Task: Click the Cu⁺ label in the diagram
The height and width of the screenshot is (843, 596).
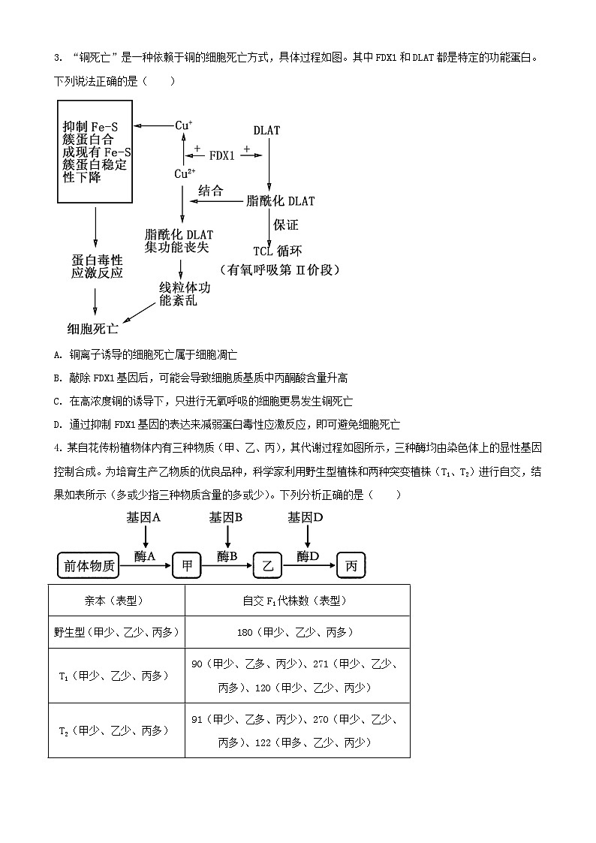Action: tap(184, 125)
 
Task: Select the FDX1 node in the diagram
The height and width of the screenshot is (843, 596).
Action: tap(222, 155)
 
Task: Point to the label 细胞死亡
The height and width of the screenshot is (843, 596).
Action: tap(92, 328)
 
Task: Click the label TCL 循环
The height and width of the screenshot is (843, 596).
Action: tap(278, 251)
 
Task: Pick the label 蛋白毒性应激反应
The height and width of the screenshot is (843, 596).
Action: tap(97, 266)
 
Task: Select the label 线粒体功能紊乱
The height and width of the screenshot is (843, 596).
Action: tap(184, 294)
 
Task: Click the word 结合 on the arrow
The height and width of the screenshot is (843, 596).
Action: tap(211, 191)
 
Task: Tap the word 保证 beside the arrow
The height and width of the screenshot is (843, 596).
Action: tap(286, 224)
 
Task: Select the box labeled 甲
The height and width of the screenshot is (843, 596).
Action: tap(187, 566)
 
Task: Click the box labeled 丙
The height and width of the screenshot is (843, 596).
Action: tap(351, 566)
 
